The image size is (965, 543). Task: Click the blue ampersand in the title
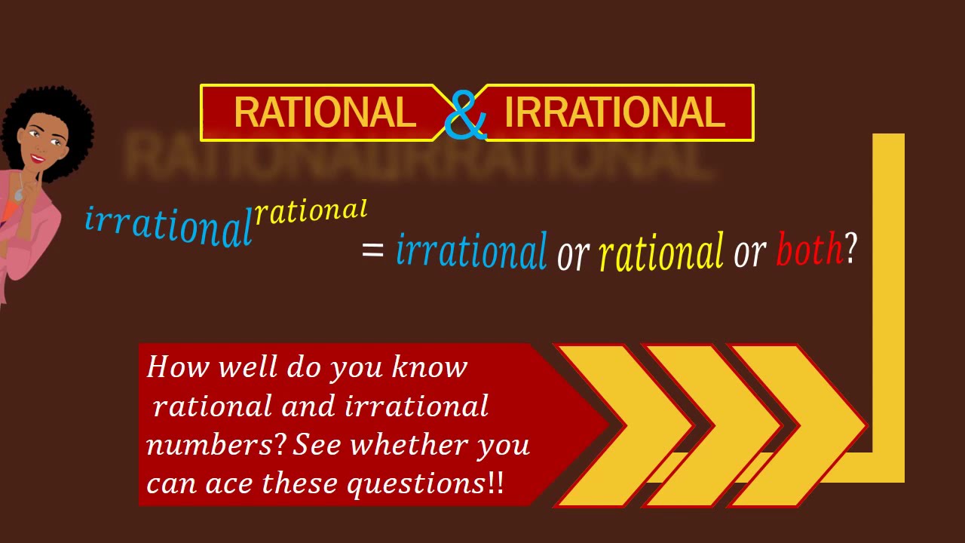coord(465,115)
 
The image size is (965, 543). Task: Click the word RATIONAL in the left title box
coord(324,113)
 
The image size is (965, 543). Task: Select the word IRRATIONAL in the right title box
coord(614,113)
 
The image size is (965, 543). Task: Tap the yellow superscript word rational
coord(311,212)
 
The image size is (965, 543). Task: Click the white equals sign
coord(373,250)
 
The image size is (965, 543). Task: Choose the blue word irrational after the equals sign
coord(471,251)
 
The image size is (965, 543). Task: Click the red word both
coord(809,250)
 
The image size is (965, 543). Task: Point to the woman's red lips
coord(36,158)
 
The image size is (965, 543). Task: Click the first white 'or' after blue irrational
coord(572,255)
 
